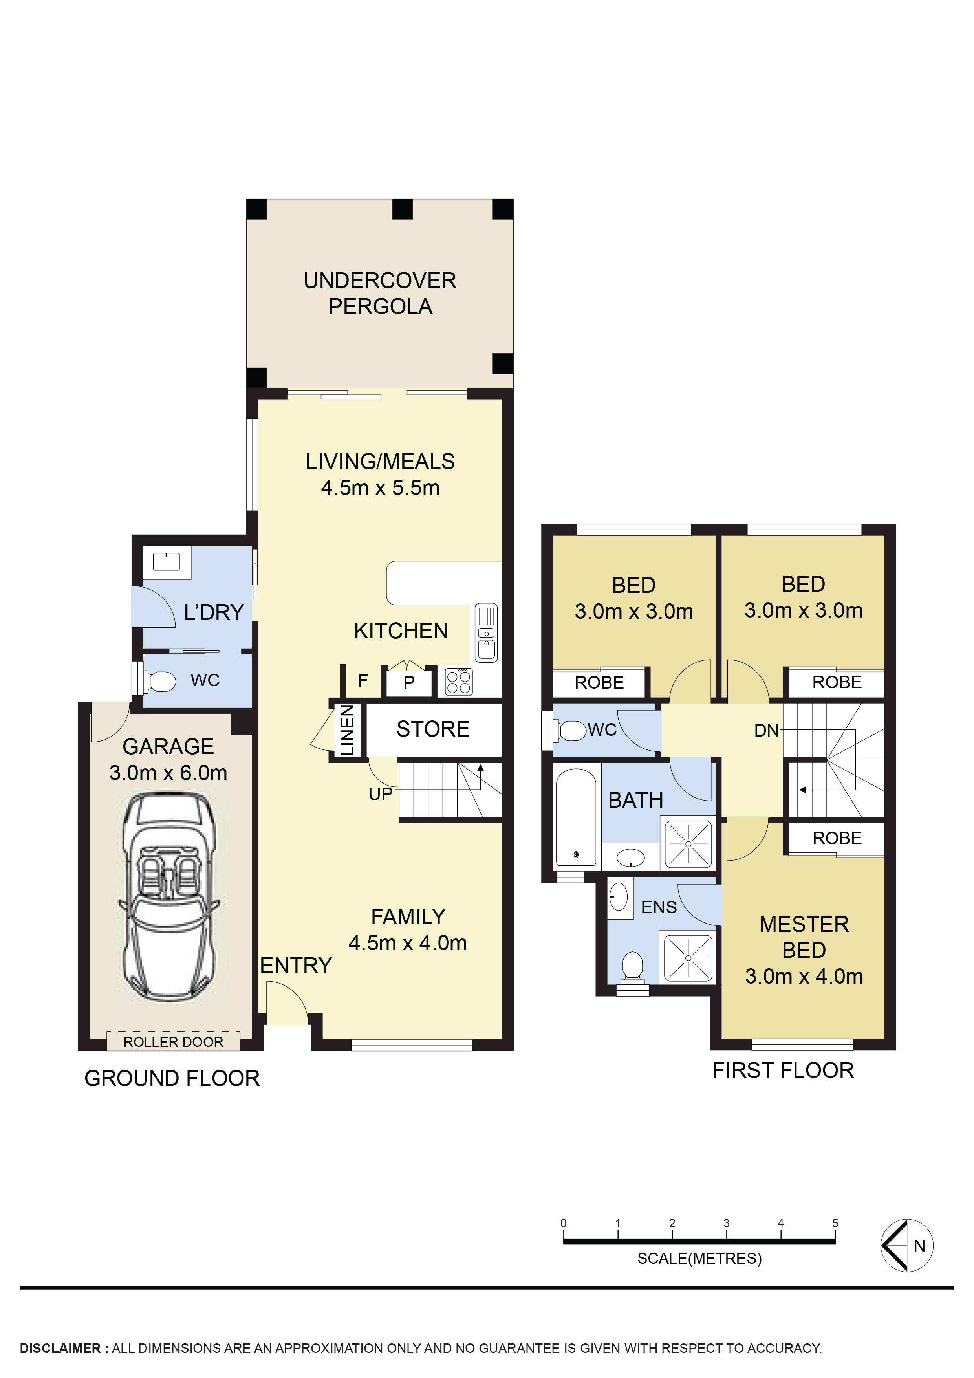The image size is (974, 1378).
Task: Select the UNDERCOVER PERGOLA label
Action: point(380,293)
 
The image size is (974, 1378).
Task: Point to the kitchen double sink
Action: point(486,632)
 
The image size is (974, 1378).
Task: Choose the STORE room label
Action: point(433,729)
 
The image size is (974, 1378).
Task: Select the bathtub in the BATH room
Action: point(576,817)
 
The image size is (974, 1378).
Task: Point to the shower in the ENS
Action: point(688,957)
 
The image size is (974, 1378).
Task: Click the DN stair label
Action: point(766,730)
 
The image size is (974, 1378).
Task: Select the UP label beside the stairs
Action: point(381,794)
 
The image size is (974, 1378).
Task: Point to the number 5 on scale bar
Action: point(835,1222)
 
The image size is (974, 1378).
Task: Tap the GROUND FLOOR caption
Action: point(172,1078)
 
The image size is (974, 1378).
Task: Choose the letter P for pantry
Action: point(409,682)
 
